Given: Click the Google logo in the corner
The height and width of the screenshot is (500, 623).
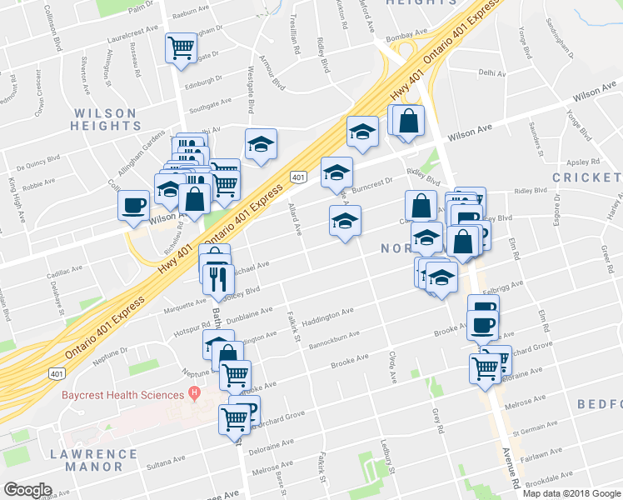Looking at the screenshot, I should point(28,490).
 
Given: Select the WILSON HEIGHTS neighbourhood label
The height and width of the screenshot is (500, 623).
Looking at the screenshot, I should point(105,119).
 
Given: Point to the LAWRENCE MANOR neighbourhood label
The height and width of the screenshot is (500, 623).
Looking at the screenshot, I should point(92,460).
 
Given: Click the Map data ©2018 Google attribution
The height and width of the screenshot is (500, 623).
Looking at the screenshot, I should point(571,492).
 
